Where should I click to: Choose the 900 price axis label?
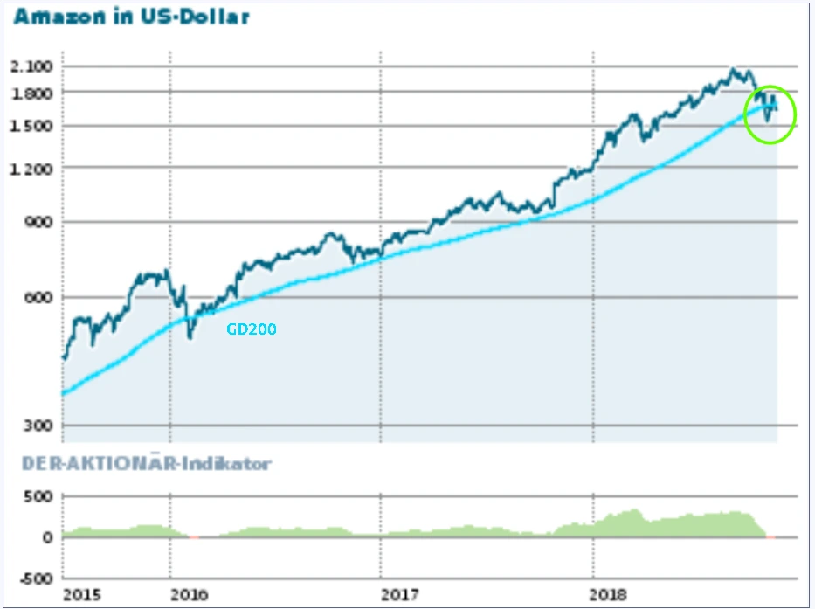tap(40, 222)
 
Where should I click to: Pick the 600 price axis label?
tap(40, 297)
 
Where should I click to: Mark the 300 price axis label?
tap(40, 426)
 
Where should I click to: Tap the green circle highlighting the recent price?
tap(770, 114)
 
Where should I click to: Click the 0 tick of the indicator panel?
tap(48, 537)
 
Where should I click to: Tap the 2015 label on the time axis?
tap(82, 595)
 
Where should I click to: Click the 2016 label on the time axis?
tap(189, 595)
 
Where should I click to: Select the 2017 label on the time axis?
tap(400, 595)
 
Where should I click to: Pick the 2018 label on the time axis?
tap(612, 595)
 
